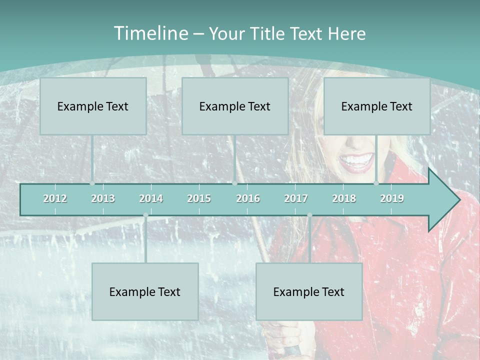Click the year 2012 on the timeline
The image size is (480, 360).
pyautogui.click(x=55, y=198)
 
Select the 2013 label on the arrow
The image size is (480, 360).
pyautogui.click(x=103, y=198)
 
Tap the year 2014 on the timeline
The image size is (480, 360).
pyautogui.click(x=151, y=198)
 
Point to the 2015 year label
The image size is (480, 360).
pyautogui.click(x=199, y=198)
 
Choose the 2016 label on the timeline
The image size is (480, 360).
pyautogui.click(x=248, y=198)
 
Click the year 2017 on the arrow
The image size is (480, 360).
pyautogui.click(x=296, y=198)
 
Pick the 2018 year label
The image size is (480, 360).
pyautogui.click(x=344, y=198)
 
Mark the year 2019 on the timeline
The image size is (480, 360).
pyautogui.click(x=392, y=198)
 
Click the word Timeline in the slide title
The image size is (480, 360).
pyautogui.click(x=149, y=33)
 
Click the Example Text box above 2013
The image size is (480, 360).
pyautogui.click(x=93, y=106)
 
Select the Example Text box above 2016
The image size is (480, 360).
pyautogui.click(x=235, y=106)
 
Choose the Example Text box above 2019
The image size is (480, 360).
pyautogui.click(x=377, y=106)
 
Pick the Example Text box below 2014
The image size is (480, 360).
pyautogui.click(x=145, y=291)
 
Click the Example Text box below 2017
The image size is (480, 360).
pyautogui.click(x=309, y=291)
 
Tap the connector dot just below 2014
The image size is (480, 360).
pyautogui.click(x=145, y=215)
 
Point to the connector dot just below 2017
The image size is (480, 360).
pyautogui.click(x=309, y=215)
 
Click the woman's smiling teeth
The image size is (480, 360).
pyautogui.click(x=356, y=160)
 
